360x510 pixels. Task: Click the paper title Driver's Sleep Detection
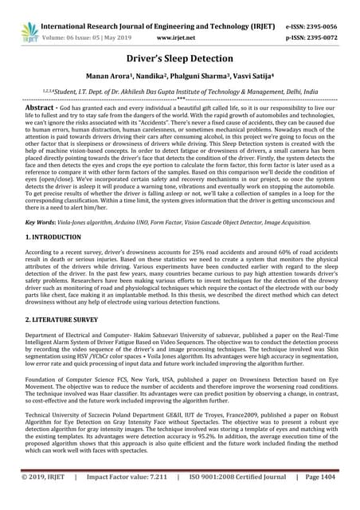pyautogui.click(x=180, y=58)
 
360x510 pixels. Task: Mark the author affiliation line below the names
pyautogui.click(x=180, y=92)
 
